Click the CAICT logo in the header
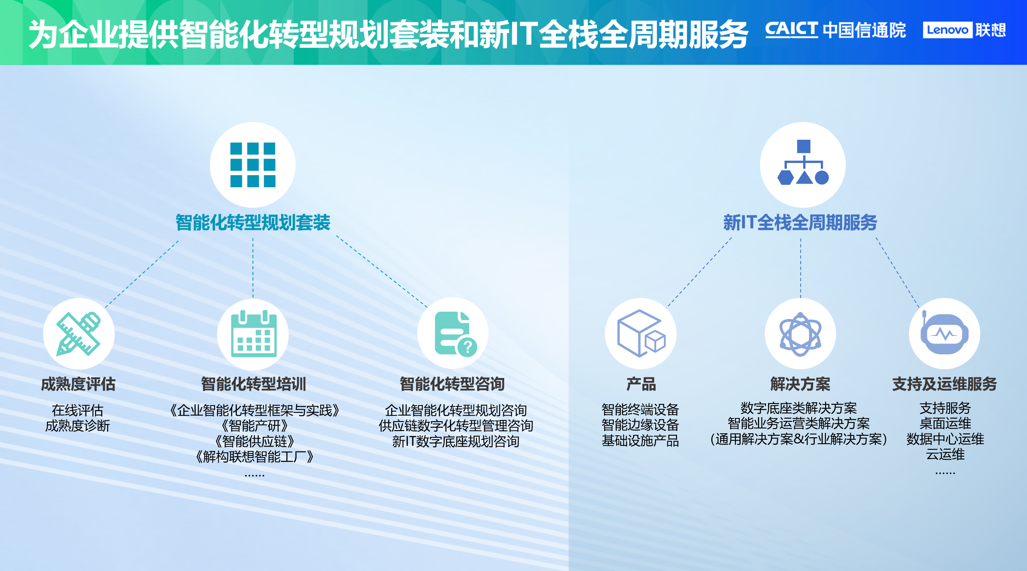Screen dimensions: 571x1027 click(x=791, y=30)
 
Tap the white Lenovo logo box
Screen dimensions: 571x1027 click(x=947, y=30)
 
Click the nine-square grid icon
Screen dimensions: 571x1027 click(x=253, y=165)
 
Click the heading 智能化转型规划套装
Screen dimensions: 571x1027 click(x=253, y=223)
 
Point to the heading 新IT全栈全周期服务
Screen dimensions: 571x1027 click(x=800, y=223)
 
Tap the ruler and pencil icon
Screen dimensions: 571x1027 click(x=79, y=334)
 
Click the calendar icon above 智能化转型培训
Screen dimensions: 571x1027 click(x=253, y=334)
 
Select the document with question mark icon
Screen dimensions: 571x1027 click(x=454, y=333)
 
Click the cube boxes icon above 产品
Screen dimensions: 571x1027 click(x=641, y=333)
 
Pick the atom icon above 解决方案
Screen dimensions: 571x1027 click(x=800, y=334)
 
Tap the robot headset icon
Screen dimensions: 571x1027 click(x=944, y=333)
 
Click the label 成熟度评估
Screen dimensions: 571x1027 click(x=78, y=384)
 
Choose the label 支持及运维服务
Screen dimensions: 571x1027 click(x=944, y=384)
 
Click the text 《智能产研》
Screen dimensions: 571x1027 click(x=255, y=426)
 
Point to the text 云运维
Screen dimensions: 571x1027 click(x=945, y=455)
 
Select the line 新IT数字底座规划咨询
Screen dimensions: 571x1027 click(x=456, y=441)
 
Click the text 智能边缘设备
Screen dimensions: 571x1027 click(x=640, y=425)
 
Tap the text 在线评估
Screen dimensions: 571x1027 click(x=78, y=410)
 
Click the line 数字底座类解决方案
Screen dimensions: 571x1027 click(x=798, y=408)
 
